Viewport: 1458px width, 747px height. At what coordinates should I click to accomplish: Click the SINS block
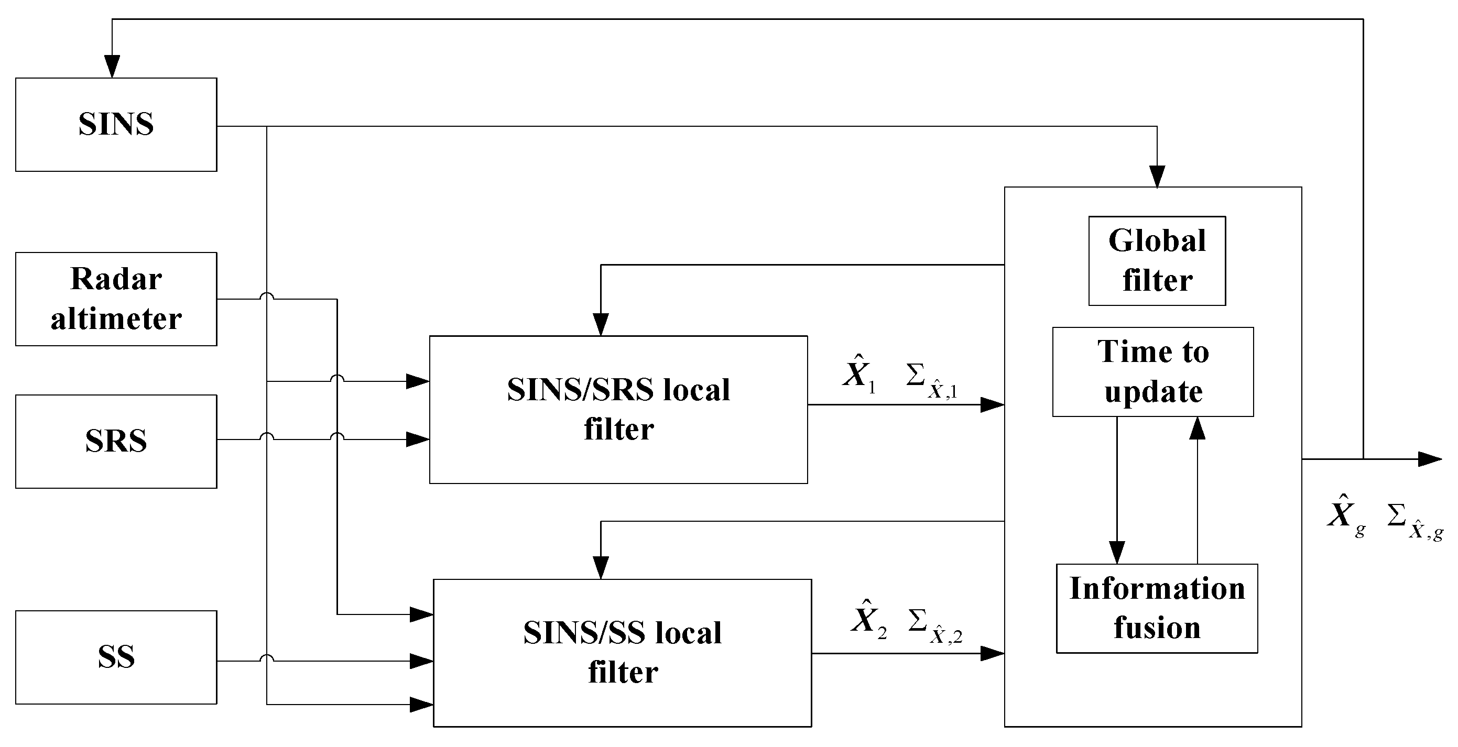[116, 125]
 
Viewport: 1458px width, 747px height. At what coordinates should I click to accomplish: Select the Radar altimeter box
[116, 299]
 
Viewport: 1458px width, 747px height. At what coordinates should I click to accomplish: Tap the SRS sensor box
[116, 441]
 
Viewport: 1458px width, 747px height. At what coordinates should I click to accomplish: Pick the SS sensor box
[116, 657]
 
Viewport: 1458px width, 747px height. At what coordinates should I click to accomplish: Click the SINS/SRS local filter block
[618, 409]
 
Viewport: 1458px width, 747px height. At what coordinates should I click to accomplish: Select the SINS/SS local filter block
[622, 653]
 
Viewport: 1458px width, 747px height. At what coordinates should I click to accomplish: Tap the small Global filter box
[1157, 261]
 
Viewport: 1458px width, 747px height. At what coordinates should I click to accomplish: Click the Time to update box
[1153, 372]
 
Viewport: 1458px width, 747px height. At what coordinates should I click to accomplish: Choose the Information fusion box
[1157, 608]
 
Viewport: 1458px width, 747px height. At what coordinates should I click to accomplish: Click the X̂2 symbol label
[868, 618]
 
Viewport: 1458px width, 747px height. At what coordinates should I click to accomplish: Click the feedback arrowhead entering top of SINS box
[113, 67]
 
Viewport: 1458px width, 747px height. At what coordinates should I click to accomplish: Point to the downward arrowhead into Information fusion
[1117, 551]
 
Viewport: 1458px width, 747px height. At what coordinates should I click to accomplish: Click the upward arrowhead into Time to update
[1197, 429]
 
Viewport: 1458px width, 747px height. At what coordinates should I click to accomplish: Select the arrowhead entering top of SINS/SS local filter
[601, 566]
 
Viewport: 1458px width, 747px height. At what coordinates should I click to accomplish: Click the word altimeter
[116, 318]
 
